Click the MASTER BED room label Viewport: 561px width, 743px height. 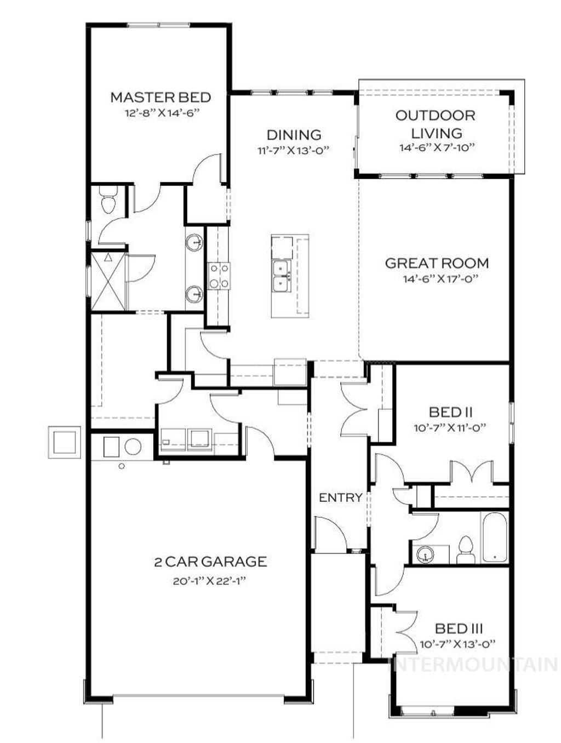tap(161, 98)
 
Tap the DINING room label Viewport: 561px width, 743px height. tap(294, 135)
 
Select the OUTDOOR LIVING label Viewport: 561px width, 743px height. tap(436, 124)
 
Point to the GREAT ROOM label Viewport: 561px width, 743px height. tap(437, 263)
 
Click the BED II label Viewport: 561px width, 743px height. tap(451, 412)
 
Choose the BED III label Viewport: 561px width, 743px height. tap(459, 628)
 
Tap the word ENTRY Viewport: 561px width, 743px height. tap(340, 498)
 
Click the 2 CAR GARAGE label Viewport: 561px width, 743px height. tap(210, 562)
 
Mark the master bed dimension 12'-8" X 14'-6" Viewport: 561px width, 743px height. tap(160, 114)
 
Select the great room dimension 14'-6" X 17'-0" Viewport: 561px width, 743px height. tap(436, 279)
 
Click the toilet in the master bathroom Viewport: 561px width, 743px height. tap(108, 199)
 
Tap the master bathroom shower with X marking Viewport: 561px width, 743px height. tap(108, 282)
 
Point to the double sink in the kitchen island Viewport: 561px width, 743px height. tap(282, 277)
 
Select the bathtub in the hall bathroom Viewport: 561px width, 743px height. tap(495, 538)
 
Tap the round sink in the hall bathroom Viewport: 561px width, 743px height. tap(425, 555)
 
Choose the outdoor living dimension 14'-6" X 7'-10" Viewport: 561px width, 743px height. tap(436, 147)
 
